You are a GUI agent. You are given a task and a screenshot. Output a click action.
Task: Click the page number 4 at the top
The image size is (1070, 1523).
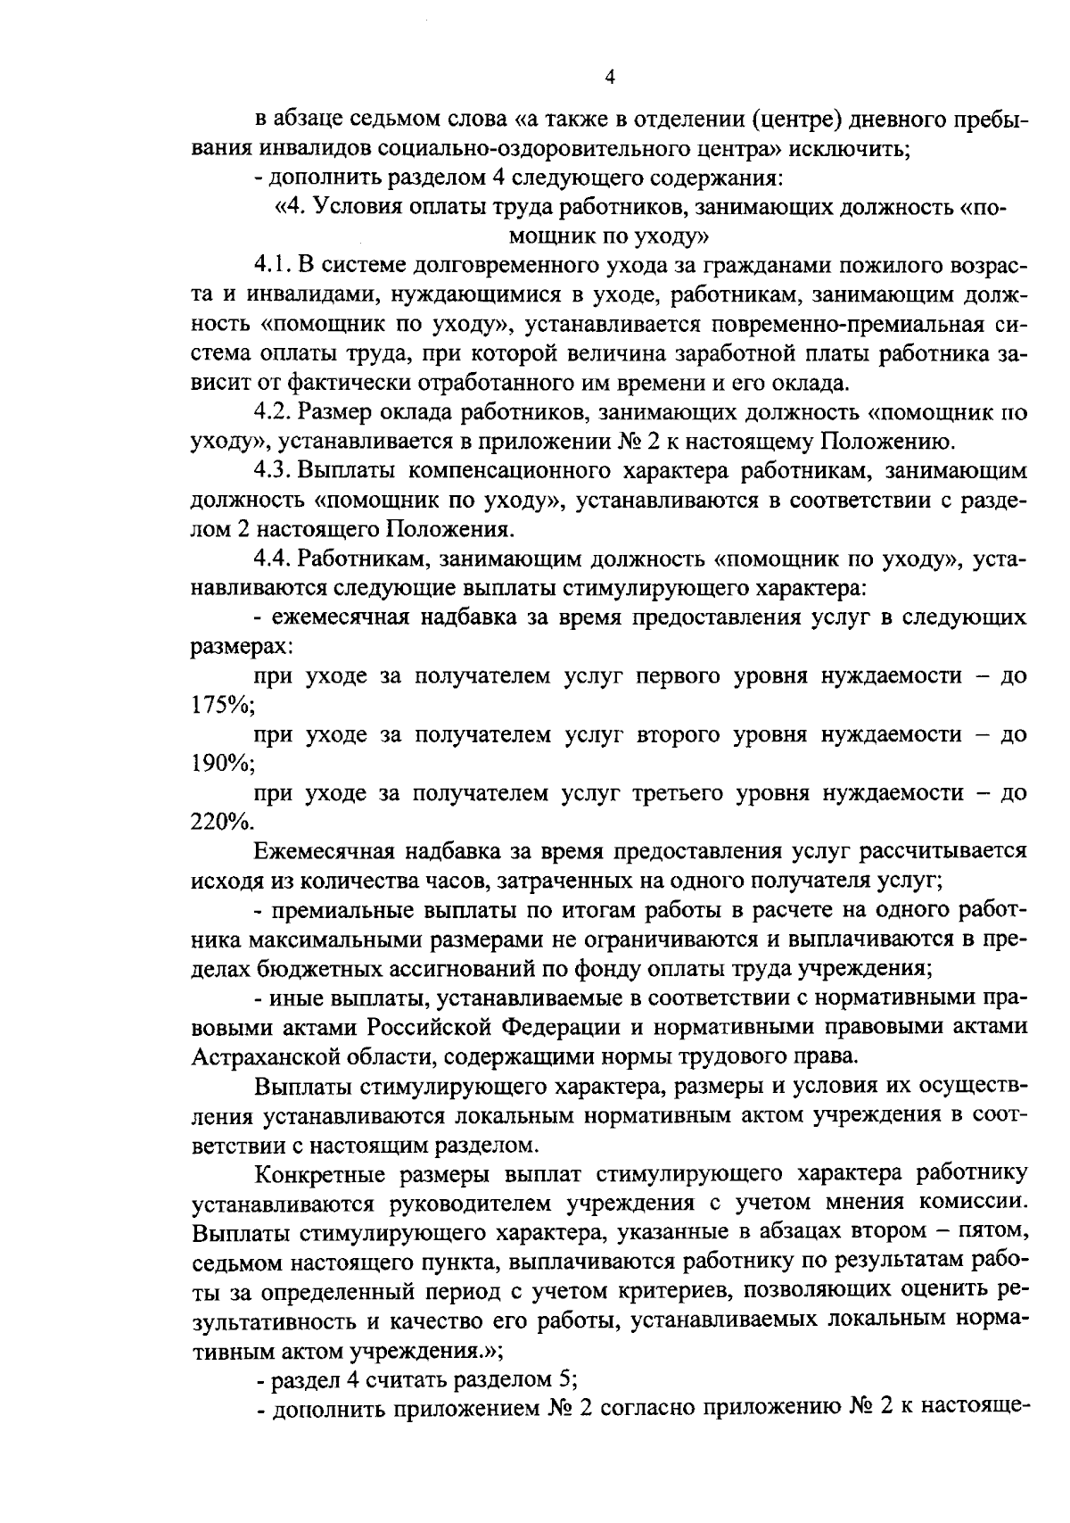click(x=610, y=78)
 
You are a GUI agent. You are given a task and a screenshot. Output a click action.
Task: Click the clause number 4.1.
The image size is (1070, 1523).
click(x=272, y=266)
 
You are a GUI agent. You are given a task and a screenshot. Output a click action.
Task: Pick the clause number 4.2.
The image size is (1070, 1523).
click(x=272, y=413)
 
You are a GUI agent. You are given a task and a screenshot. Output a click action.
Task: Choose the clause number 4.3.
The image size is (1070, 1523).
click(x=272, y=471)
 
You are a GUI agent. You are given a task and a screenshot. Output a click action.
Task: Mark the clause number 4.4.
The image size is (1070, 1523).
click(x=272, y=559)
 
